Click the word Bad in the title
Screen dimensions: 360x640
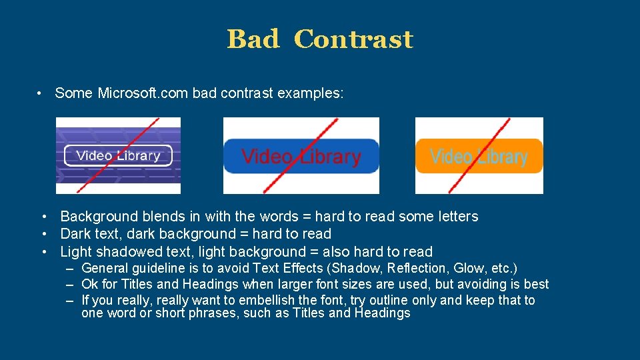(253, 39)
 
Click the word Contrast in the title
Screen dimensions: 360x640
(353, 39)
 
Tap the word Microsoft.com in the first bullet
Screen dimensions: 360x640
(143, 93)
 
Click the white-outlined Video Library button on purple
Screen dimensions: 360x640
(118, 156)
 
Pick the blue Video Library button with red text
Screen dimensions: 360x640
(301, 157)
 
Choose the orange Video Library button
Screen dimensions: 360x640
(479, 157)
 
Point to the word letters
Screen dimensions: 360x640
(457, 217)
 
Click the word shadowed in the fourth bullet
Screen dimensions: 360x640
(125, 252)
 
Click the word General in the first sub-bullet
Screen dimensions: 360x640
(105, 269)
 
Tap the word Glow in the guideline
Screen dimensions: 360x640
(467, 269)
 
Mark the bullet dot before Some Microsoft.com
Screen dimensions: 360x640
(41, 93)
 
